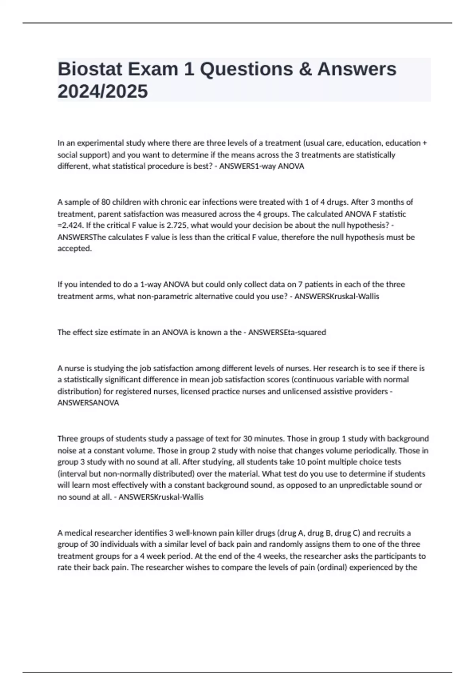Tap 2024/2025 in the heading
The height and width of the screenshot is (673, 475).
point(103,91)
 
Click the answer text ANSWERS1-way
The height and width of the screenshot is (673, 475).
point(247,166)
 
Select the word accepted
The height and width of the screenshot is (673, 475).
point(74,249)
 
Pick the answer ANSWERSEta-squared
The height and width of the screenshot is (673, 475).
point(287,332)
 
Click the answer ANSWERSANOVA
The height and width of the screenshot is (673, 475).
point(88,403)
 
